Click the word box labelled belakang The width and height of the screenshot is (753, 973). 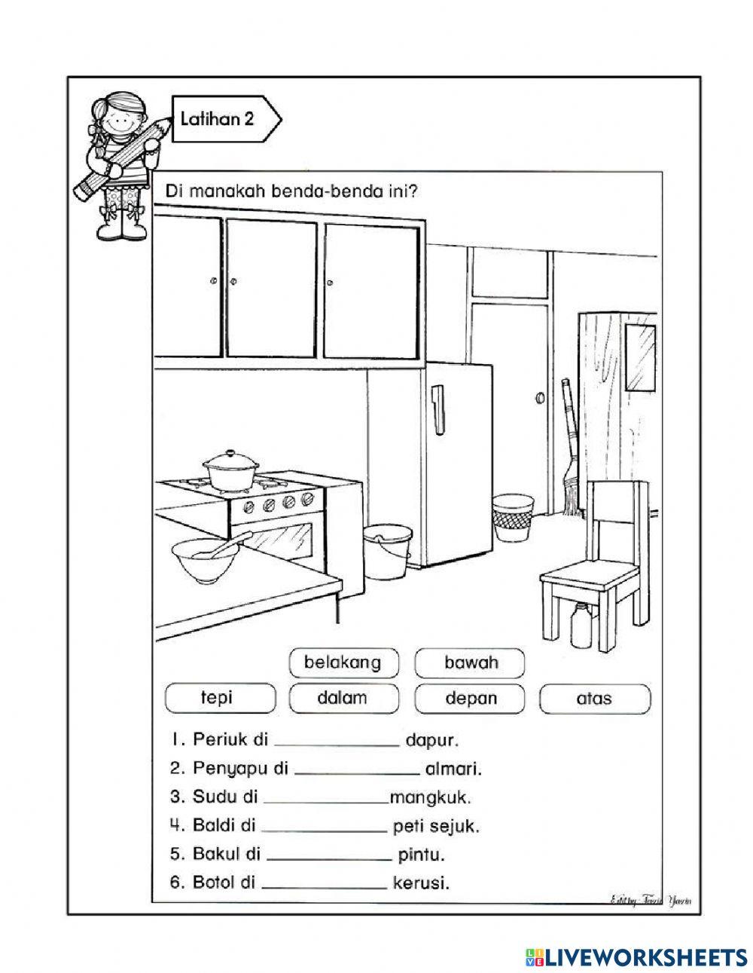(342, 663)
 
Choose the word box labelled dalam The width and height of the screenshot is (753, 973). (342, 698)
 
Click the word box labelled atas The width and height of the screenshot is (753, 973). (594, 698)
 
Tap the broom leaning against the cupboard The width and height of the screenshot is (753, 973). (570, 452)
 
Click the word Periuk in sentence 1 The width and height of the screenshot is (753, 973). (218, 740)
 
